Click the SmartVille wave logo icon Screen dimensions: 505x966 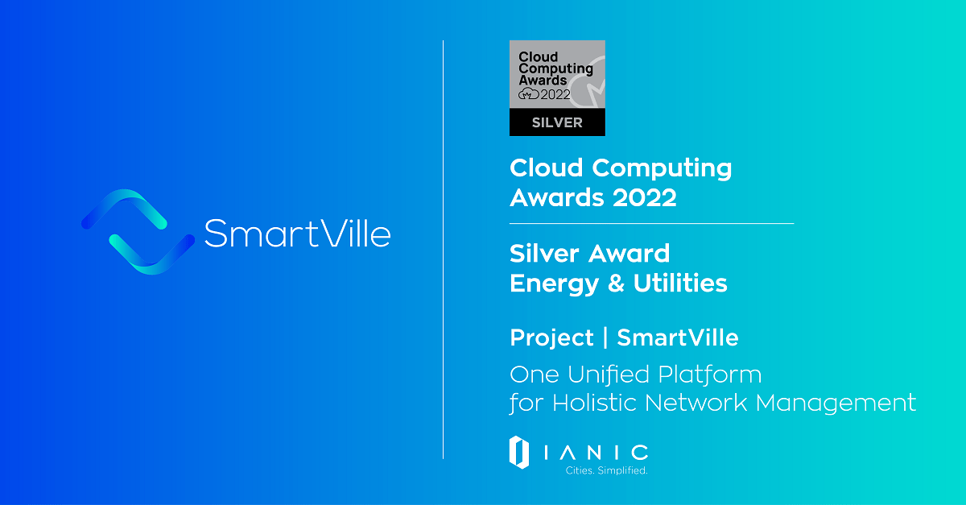138,232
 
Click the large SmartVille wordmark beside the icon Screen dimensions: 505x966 297,233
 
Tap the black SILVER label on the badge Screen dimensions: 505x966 556,122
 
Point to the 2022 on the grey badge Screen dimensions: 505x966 555,94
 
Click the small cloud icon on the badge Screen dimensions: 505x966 528,94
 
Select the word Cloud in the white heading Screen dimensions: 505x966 547,168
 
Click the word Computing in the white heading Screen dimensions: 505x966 662,168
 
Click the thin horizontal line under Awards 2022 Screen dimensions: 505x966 651,223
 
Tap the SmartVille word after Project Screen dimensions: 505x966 677,337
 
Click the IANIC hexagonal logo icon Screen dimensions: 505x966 519,452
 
